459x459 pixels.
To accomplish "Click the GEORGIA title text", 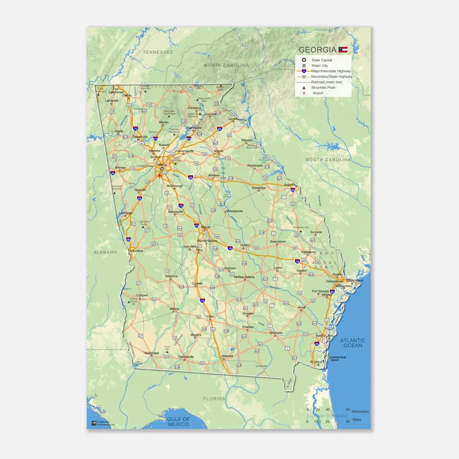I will point(317,50).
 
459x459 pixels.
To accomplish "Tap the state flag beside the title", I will point(343,50).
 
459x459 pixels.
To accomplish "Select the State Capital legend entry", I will point(322,60).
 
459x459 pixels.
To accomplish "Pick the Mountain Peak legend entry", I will point(323,87).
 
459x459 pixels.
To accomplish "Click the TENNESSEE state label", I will point(158,52).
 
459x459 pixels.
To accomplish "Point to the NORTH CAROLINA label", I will point(226,65).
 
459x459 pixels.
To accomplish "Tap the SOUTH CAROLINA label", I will point(328,160).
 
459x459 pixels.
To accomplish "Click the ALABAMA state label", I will point(105,252).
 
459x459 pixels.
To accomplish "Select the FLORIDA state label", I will point(214,398).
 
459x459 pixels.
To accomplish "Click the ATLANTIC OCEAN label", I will point(352,343).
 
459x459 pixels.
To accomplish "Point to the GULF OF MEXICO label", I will point(178,422).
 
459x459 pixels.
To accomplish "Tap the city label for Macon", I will point(206,227).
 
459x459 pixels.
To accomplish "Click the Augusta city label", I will point(290,185).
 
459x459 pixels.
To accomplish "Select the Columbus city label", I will point(136,251).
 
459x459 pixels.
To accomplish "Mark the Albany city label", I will point(174,309).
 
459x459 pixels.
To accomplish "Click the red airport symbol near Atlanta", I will point(159,175).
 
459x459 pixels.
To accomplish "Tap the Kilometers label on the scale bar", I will point(360,411).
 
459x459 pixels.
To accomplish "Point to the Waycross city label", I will point(276,333).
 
